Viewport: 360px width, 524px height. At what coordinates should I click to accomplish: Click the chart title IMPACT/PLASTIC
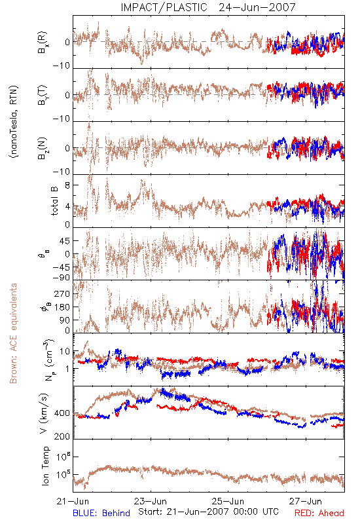click(x=164, y=7)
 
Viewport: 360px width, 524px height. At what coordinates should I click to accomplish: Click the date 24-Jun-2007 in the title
click(x=257, y=7)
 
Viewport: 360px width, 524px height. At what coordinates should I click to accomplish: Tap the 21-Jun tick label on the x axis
click(x=73, y=501)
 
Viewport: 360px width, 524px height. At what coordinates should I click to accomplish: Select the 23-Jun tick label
click(x=151, y=501)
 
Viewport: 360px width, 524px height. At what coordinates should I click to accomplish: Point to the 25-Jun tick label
click(x=228, y=501)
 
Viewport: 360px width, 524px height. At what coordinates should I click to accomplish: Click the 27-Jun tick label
click(x=306, y=501)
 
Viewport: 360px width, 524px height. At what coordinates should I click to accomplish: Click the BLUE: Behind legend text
click(x=101, y=513)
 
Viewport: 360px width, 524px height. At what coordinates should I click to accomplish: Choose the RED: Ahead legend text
click(x=319, y=513)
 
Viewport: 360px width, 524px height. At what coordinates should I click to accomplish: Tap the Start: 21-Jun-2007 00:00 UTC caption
click(x=208, y=512)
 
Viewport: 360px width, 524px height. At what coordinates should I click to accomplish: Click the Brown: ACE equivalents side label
click(x=13, y=333)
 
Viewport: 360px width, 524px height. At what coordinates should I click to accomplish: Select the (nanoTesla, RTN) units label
click(x=14, y=122)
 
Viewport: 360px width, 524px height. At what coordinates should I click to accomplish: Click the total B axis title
click(x=54, y=201)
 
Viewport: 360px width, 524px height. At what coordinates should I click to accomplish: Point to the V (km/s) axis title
click(x=44, y=413)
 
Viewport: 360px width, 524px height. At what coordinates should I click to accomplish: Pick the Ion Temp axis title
click(x=45, y=466)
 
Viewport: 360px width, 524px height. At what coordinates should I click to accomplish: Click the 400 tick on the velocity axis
click(x=62, y=413)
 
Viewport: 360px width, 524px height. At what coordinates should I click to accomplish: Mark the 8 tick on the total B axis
click(x=67, y=185)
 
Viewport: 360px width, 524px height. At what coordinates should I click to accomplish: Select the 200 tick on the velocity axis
click(x=62, y=436)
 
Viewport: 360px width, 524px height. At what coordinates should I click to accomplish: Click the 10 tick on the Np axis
click(x=65, y=351)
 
